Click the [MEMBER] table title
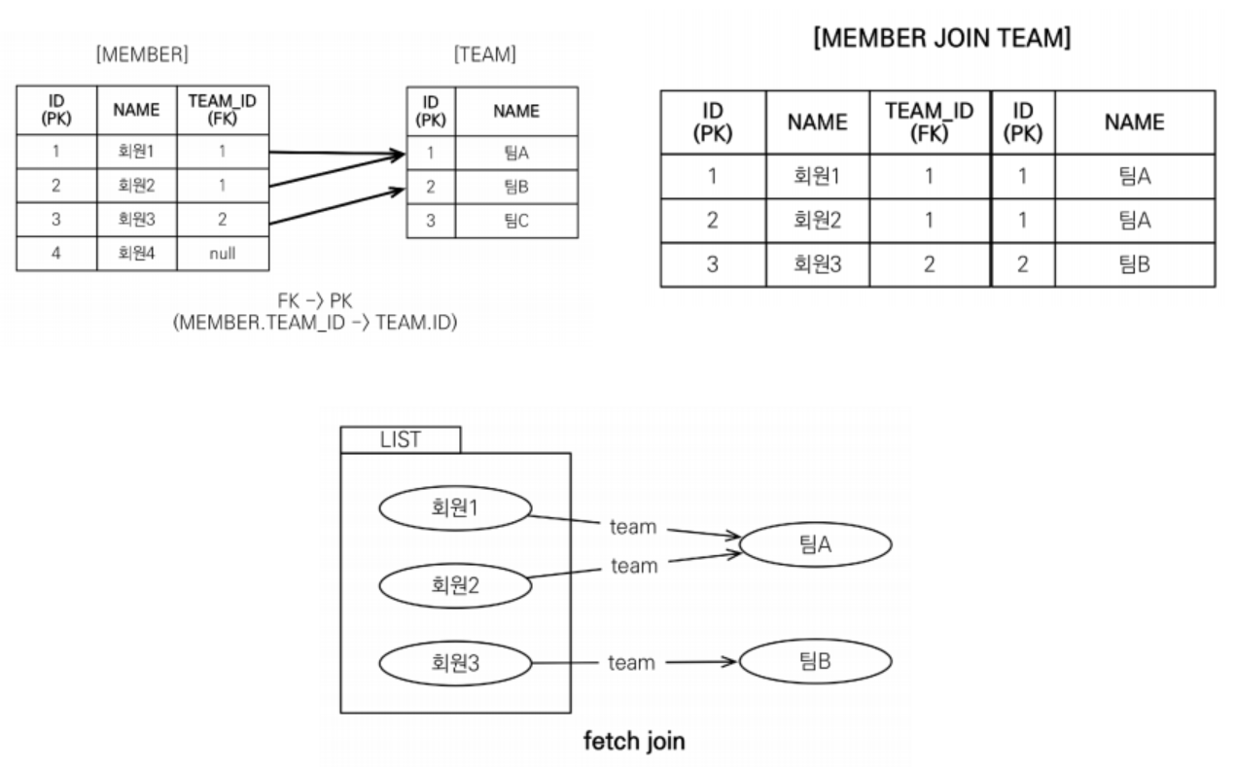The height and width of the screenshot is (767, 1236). (142, 55)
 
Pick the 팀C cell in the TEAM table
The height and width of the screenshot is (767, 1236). (516, 221)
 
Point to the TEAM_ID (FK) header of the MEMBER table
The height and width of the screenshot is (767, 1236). (222, 111)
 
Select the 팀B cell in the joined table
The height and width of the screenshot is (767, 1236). (1135, 263)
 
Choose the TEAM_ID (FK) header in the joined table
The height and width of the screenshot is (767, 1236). (929, 122)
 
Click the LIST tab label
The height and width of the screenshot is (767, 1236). (401, 439)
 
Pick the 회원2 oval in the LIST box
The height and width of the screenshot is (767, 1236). (454, 585)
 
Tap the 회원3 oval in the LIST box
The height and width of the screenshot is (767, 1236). (454, 664)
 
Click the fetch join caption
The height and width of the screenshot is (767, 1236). (633, 742)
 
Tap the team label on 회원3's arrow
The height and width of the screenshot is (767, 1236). (631, 664)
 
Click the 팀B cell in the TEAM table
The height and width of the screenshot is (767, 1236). (516, 188)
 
